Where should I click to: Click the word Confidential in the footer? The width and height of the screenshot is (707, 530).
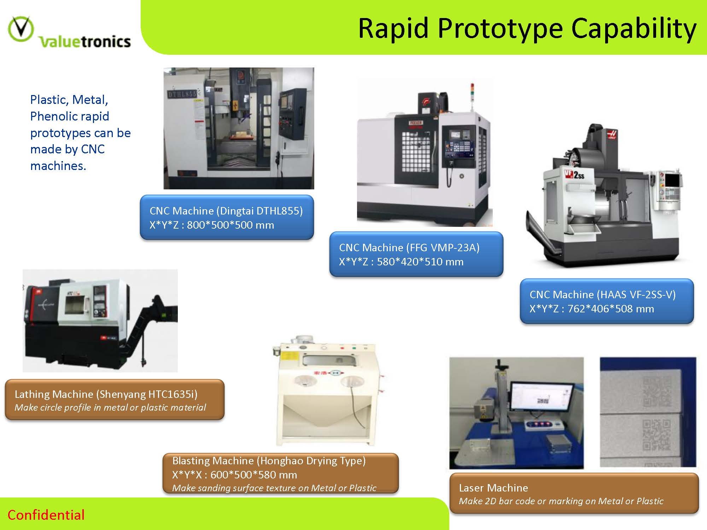pos(46,515)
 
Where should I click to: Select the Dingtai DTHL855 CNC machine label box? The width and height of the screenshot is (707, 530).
pos(227,217)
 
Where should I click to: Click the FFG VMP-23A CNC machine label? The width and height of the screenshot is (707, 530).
pos(416,254)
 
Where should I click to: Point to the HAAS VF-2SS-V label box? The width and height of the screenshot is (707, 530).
pos(607,301)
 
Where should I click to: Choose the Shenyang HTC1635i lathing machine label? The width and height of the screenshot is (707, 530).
pos(115,400)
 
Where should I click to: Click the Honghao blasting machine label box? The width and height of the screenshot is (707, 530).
pos(280,473)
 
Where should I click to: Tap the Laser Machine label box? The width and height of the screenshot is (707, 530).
pos(574,493)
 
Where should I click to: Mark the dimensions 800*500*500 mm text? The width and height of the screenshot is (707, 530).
pos(230,225)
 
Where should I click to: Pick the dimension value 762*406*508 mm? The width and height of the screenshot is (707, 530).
pos(610,309)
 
